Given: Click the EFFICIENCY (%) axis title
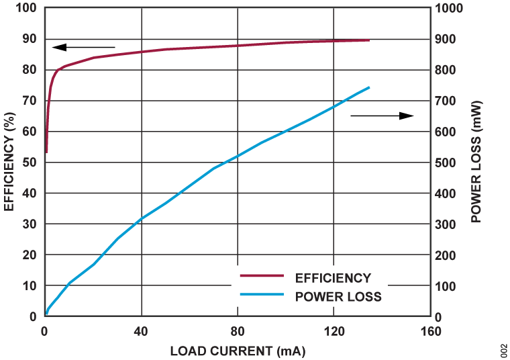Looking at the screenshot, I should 9,164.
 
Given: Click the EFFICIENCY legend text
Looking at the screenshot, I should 333,277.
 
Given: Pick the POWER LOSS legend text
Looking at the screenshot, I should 338,296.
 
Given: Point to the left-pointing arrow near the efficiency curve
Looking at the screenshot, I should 83,47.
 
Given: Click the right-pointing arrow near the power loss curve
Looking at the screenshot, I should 382,116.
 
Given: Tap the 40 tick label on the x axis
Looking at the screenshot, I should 141,331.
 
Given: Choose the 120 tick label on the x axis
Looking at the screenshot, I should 334,331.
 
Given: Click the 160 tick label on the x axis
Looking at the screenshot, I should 430,331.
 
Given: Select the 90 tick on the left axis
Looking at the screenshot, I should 30,39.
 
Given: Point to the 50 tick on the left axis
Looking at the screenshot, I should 30,163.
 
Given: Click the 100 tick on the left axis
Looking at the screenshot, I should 28,8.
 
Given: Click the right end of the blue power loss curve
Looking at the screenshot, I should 369,87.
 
